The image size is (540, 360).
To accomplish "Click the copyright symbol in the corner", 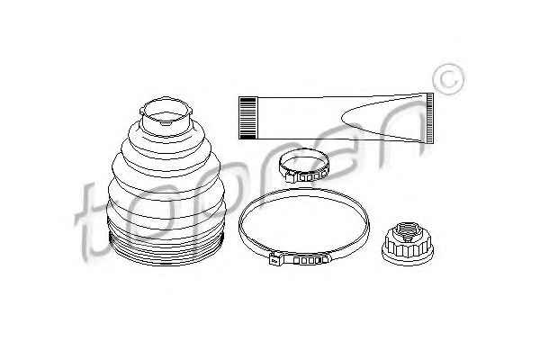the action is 447,79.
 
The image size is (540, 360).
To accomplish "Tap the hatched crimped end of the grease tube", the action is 248,118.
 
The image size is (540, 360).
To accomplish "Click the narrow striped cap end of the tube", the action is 429,118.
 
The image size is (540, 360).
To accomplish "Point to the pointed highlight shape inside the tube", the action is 382,118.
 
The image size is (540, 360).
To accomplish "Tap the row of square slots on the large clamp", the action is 308,261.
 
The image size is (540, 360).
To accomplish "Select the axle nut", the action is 407,243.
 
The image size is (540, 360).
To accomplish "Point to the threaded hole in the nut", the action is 407,231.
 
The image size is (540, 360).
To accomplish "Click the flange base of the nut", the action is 407,256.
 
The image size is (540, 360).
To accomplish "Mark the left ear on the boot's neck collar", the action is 142,111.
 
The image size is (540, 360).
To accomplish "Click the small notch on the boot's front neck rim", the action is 166,122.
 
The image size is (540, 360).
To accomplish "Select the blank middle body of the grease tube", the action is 300,118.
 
